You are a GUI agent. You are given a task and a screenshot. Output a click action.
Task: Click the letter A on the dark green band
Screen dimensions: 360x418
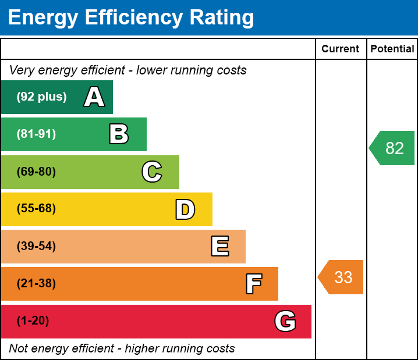[94, 97]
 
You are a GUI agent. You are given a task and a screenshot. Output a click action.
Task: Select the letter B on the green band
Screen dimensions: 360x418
[119, 134]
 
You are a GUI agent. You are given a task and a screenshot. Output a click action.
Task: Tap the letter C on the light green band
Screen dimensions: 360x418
[151, 172]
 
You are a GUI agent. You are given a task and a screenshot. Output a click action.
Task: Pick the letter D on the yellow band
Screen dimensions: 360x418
[185, 209]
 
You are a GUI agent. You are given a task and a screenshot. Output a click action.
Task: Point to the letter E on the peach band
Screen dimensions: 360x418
[219, 247]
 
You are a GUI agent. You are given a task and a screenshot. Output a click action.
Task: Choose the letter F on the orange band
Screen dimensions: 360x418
[253, 284]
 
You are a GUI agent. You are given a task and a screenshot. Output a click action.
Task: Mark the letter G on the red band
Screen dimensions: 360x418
[285, 321]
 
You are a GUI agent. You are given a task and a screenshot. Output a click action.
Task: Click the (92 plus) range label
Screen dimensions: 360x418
[41, 97]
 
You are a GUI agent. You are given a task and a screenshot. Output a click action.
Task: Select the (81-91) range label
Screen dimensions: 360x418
[36, 134]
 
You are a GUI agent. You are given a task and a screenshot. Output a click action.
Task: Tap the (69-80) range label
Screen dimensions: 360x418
[36, 172]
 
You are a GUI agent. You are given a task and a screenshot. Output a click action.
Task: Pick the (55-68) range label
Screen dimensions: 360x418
[36, 209]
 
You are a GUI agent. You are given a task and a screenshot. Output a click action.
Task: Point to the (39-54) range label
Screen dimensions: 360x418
[36, 247]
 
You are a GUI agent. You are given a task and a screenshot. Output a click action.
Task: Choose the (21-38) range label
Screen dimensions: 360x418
[36, 284]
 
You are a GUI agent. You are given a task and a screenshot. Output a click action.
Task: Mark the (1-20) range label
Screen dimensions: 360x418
[33, 321]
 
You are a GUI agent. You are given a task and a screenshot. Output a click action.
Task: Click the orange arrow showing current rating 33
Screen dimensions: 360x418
[341, 277]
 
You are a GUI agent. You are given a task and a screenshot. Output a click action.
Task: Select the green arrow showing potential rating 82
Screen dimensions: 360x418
[392, 148]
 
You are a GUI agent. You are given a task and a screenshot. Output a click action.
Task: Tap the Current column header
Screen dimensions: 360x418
[341, 49]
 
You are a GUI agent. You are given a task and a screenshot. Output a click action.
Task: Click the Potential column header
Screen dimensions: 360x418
[392, 49]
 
